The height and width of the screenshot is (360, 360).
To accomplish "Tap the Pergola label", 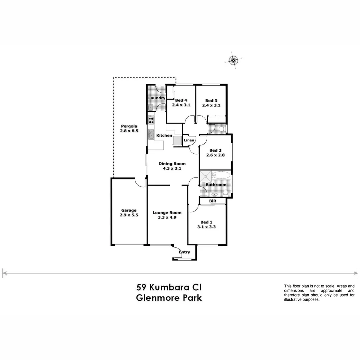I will click(x=129, y=126).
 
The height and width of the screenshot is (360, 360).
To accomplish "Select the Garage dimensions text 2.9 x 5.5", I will click(x=129, y=215).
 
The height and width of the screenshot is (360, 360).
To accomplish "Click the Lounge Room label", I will click(x=167, y=212).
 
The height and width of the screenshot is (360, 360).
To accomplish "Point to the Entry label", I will click(x=184, y=252).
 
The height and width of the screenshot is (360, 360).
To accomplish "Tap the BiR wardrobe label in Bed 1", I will click(x=212, y=201).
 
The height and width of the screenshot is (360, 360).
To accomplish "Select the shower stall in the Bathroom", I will click(x=206, y=176).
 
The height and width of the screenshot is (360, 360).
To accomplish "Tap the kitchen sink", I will click(x=151, y=134).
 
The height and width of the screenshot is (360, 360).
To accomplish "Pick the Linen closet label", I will click(x=189, y=140).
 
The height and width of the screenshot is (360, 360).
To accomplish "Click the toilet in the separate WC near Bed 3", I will click(x=221, y=129).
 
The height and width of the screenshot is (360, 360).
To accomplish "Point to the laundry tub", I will click(x=150, y=107).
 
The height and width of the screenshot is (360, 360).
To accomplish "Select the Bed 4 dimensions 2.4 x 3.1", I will click(x=181, y=105).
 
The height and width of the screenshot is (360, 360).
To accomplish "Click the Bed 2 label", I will click(x=216, y=150).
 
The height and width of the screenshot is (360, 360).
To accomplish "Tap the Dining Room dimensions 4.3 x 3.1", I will click(x=172, y=169).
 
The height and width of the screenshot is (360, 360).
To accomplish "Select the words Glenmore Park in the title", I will click(x=169, y=298).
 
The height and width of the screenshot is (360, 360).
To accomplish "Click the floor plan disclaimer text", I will click(x=319, y=293).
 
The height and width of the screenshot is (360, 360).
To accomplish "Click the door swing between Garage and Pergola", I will click(x=140, y=182).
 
